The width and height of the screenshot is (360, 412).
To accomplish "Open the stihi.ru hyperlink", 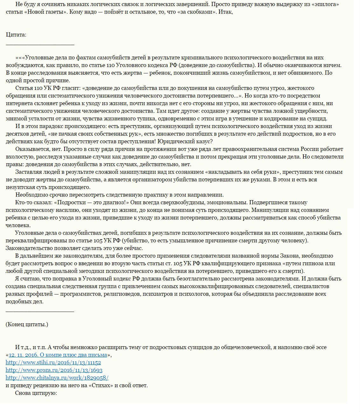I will point(53,362).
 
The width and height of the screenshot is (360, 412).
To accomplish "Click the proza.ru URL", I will point(54,370).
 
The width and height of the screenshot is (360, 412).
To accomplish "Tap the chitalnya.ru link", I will point(57,378).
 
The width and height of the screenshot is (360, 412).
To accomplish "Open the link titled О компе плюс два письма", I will point(58,355).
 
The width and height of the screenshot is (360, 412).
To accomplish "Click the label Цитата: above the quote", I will point(16,35).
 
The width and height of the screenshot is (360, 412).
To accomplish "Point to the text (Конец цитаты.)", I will point(27,324).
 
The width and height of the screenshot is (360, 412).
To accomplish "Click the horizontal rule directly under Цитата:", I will point(40,45).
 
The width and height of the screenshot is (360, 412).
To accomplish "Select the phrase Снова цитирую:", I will point(36,393).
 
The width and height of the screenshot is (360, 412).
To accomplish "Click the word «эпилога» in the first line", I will point(318,4).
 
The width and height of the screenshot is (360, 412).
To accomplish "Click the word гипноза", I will point(308,263).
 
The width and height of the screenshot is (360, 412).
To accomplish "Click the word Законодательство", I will point(27,248).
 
